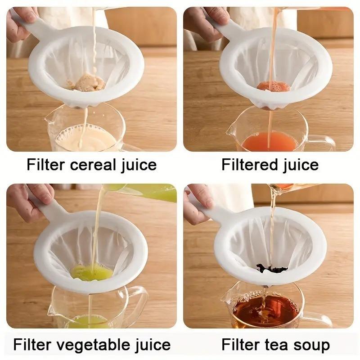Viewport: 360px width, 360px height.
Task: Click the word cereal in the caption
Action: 90,165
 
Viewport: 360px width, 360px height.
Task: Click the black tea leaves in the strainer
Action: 272,269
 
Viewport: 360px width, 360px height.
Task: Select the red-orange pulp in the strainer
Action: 273,86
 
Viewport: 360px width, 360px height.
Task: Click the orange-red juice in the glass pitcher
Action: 269,142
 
